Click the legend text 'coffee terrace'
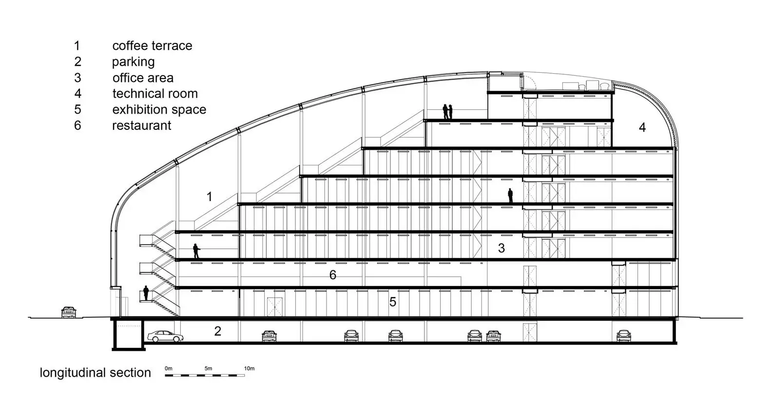pos(152,45)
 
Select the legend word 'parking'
pos(133,62)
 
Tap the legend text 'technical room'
pos(155,93)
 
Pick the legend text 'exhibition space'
pos(159,110)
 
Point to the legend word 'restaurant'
pos(141,125)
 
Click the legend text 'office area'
pos(143,78)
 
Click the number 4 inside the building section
pos(642,127)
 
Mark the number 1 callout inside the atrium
pos(209,197)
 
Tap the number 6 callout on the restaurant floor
pos(332,275)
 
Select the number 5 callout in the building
pos(393,302)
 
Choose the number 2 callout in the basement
pos(217,331)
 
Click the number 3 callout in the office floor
pos(501,248)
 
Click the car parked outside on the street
pos(69,312)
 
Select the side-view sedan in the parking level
pos(165,337)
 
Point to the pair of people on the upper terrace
pos(447,112)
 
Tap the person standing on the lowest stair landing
pos(146,293)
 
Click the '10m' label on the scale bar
pos(249,368)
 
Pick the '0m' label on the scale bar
pos(168,368)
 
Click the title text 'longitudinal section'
pos(96,373)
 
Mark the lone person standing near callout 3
pos(510,196)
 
